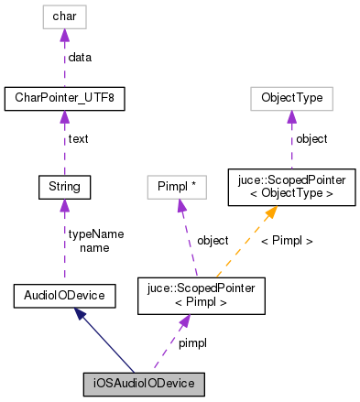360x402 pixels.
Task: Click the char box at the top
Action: coord(63,16)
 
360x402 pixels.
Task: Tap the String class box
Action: coord(63,187)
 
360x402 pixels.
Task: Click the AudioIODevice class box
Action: coord(63,295)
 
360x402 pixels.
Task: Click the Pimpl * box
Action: coord(177,187)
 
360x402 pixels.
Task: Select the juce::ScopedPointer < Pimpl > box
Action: coord(201,295)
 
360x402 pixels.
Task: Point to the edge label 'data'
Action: coord(81,57)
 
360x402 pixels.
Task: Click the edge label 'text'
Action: coord(78,139)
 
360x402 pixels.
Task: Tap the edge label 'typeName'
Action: coord(96,234)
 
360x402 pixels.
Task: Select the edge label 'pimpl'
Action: coord(192,342)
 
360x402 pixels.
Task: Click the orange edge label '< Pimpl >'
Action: coord(287,241)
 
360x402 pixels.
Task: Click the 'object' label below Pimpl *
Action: coord(213,241)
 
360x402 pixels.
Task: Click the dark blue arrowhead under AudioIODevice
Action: coord(82,315)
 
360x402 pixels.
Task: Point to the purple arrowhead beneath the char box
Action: coord(63,35)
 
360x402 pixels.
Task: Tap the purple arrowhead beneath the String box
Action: coord(63,206)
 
